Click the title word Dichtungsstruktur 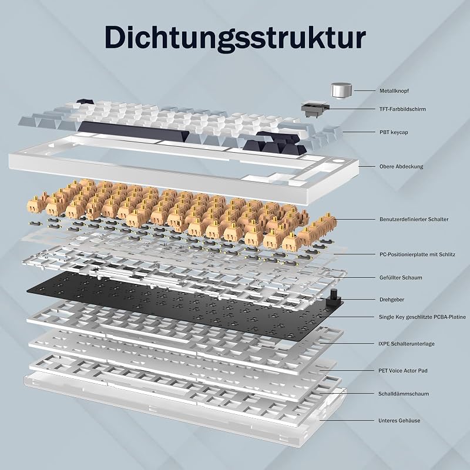(x=235, y=38)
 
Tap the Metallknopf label (x=394, y=91)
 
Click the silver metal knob (x=341, y=90)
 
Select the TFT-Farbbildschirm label (x=402, y=109)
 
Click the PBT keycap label (x=394, y=132)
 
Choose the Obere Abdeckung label (x=401, y=166)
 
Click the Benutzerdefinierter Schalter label (x=414, y=219)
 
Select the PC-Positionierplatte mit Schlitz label (x=417, y=254)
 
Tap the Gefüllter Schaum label (x=401, y=277)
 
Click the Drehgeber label (x=391, y=300)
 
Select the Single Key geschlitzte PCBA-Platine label (x=422, y=317)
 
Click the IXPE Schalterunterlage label (x=406, y=344)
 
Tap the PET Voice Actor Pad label (x=403, y=371)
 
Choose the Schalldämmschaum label (x=404, y=394)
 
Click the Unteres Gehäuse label (x=399, y=421)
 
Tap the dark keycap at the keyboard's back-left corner (x=85, y=102)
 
